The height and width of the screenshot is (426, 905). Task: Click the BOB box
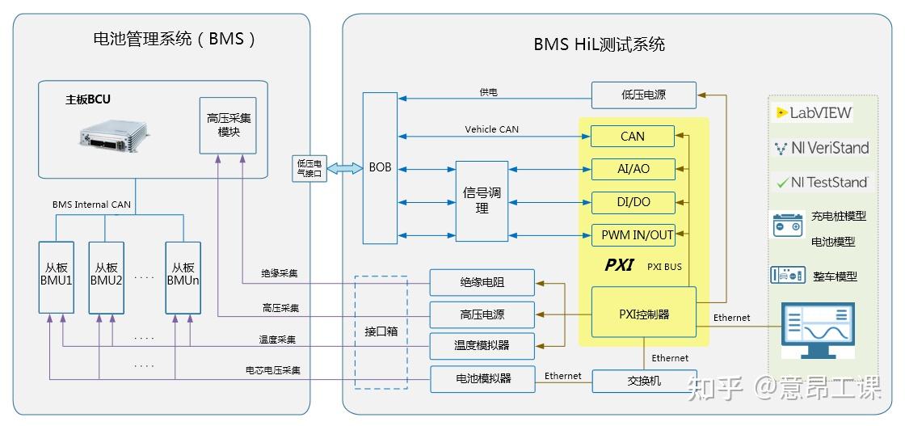tap(380, 168)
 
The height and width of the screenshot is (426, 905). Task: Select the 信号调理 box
tap(482, 200)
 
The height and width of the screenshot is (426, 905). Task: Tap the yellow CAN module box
tap(632, 136)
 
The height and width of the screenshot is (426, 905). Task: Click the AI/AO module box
tap(632, 169)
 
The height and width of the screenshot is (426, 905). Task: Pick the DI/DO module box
tap(632, 202)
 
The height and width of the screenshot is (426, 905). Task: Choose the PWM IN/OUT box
tap(632, 235)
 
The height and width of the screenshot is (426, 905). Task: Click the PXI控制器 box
tap(643, 312)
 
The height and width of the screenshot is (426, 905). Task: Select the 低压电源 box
tap(643, 95)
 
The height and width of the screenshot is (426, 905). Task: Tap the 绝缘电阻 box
tap(482, 283)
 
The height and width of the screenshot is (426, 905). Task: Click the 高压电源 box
tap(482, 314)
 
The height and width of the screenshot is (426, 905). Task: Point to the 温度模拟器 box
tap(482, 346)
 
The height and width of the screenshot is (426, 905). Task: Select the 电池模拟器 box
tap(482, 378)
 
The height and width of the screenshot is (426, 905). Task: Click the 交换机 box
tap(643, 381)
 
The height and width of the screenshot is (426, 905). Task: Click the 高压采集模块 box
tap(228, 125)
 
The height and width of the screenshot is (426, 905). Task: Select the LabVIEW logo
tap(814, 113)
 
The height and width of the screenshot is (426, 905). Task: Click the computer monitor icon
tap(819, 331)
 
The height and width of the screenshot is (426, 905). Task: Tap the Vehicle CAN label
tap(491, 129)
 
